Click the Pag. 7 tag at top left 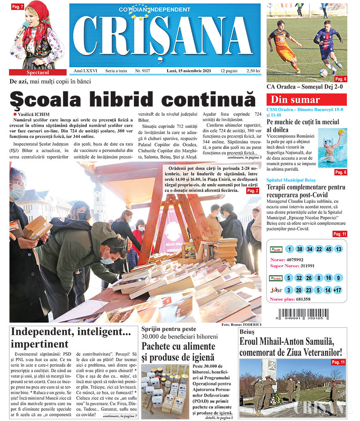(18, 6)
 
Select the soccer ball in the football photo (323, 72)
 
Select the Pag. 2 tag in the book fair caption (253, 191)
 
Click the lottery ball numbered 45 (328, 249)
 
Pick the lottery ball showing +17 (337, 290)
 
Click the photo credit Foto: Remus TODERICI (240, 325)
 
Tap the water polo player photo (333, 147)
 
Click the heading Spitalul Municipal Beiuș (290, 179)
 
